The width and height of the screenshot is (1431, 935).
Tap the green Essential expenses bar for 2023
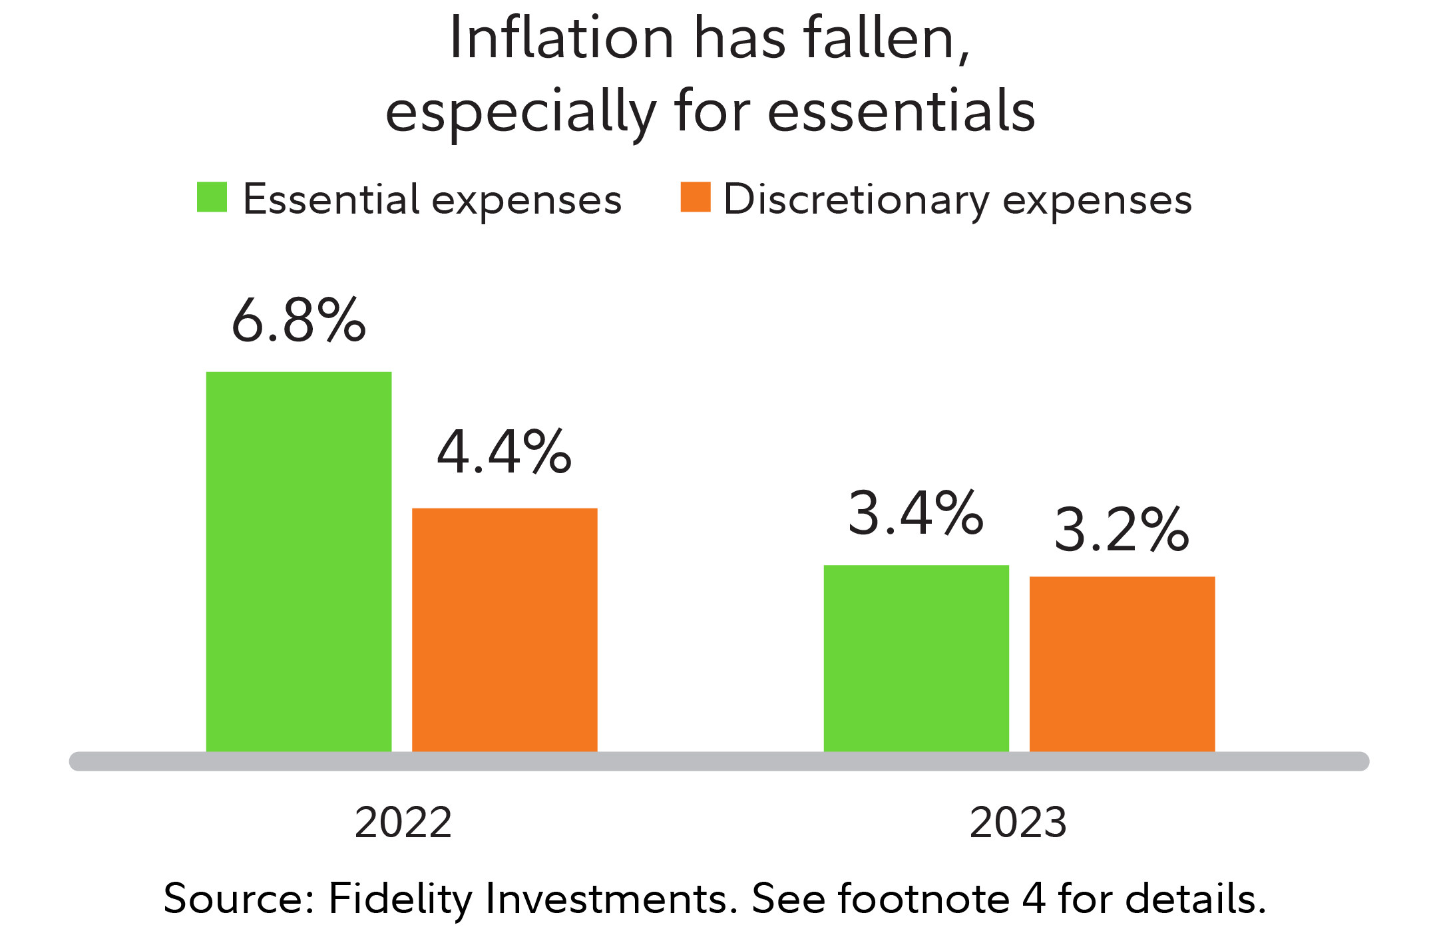click(x=916, y=658)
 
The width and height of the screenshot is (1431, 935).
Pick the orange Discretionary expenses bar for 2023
click(x=1122, y=663)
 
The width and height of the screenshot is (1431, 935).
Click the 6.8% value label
click(x=299, y=320)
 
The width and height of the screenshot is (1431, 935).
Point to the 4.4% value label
click(x=505, y=453)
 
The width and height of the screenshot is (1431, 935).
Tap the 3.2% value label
click(x=1122, y=530)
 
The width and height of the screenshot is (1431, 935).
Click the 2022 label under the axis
click(x=403, y=823)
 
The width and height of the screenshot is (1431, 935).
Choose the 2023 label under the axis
click(x=1018, y=823)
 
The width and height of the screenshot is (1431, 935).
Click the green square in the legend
click(x=212, y=197)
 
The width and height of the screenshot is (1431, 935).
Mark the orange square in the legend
click(x=696, y=197)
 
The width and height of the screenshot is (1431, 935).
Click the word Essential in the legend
click(x=331, y=199)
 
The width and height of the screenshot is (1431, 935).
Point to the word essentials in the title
click(x=901, y=111)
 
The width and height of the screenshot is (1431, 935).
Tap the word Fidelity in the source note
click(x=400, y=899)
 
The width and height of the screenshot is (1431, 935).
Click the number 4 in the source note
click(x=1034, y=899)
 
